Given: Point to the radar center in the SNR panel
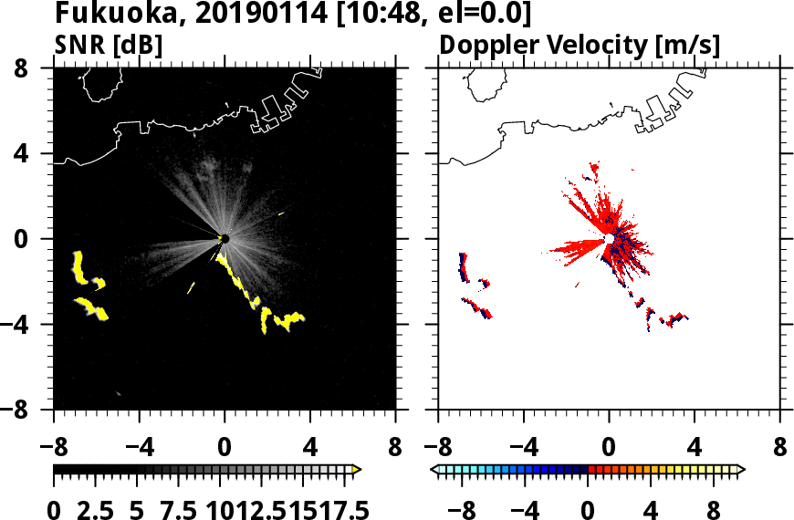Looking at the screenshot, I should click(x=225, y=239).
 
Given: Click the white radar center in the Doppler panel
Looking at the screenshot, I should click(x=609, y=239).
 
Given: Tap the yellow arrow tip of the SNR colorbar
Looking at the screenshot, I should click(x=357, y=470).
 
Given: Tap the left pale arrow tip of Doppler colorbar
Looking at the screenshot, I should click(x=434, y=470).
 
